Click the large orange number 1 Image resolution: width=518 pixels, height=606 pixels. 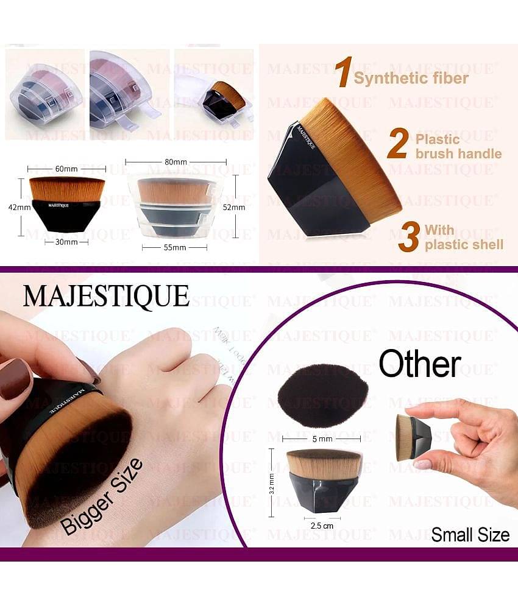(x=342, y=73)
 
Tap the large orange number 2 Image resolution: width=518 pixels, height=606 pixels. (x=397, y=144)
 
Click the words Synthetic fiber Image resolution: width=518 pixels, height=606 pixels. (x=411, y=78)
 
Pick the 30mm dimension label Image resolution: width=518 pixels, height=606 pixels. (x=66, y=242)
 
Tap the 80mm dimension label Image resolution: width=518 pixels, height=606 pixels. (x=176, y=162)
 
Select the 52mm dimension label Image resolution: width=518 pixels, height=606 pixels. (x=234, y=207)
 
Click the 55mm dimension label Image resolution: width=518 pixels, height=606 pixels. (x=174, y=248)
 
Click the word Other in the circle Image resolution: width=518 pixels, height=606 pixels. (x=419, y=364)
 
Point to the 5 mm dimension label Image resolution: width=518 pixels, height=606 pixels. (x=322, y=438)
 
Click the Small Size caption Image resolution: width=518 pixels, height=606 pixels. (x=470, y=535)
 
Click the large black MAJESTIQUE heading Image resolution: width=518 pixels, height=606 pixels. (x=106, y=295)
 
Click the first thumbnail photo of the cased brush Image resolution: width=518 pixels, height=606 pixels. (x=44, y=94)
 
